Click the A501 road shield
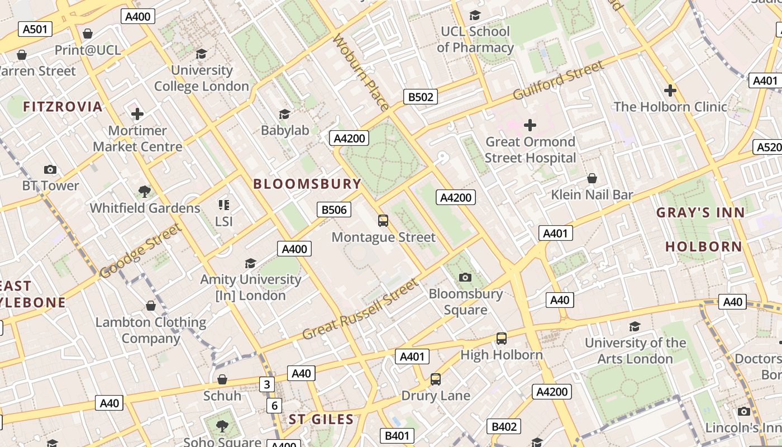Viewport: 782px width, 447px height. point(35,29)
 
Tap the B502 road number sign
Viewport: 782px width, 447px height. point(420,97)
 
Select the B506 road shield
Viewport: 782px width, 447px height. point(334,210)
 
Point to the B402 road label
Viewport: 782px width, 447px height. point(503,427)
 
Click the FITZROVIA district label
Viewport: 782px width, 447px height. point(63,107)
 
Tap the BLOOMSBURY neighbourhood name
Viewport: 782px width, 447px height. point(307,184)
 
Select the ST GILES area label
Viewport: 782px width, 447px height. point(321,420)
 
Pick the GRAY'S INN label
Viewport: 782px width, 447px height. point(700,212)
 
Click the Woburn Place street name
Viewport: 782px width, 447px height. point(361,72)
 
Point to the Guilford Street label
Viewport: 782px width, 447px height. point(558,80)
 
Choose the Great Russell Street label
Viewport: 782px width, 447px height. point(360,310)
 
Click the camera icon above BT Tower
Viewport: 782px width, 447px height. point(50,169)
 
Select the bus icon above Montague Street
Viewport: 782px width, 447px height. point(383,221)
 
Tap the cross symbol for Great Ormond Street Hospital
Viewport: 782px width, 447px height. point(530,125)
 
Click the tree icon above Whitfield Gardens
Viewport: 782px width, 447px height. point(145,192)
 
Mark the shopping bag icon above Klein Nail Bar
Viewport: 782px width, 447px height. point(592,178)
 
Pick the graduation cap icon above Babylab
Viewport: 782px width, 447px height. point(284,115)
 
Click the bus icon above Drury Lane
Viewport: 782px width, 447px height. point(436,379)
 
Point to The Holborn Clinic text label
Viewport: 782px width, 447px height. point(670,107)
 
